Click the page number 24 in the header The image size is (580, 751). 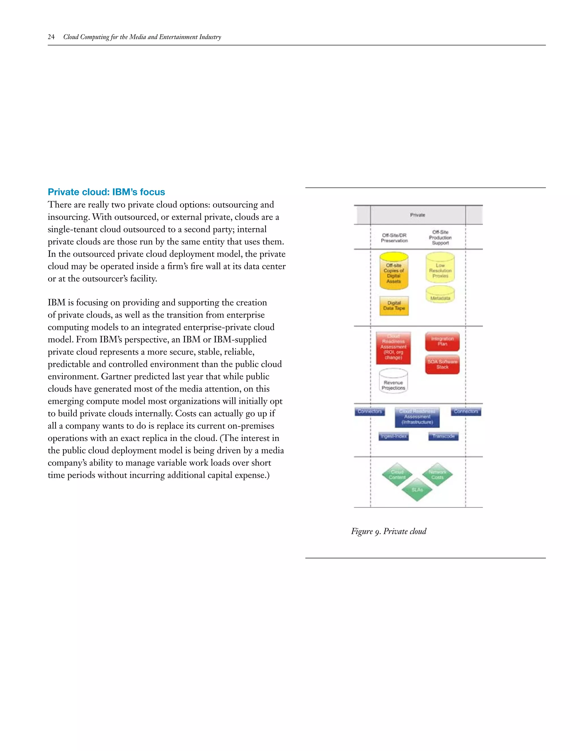click(51, 37)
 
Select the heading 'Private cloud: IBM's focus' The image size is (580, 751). click(106, 192)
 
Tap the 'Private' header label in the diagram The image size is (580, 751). click(417, 215)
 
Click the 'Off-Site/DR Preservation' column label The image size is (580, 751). click(394, 238)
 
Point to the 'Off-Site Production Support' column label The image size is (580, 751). click(440, 237)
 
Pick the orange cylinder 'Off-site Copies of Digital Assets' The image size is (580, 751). click(394, 272)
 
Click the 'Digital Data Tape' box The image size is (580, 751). click(394, 306)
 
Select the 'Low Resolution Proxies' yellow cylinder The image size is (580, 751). click(440, 270)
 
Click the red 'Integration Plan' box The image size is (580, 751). click(442, 341)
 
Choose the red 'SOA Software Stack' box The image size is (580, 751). click(442, 364)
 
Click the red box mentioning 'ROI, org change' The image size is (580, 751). click(393, 348)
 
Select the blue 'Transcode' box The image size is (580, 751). click(443, 436)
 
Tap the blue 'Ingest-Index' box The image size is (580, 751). click(394, 436)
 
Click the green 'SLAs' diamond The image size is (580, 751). click(417, 490)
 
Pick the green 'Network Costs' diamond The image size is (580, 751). click(437, 474)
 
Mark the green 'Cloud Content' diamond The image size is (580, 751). click(397, 474)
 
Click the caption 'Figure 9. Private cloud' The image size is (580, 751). click(389, 531)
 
